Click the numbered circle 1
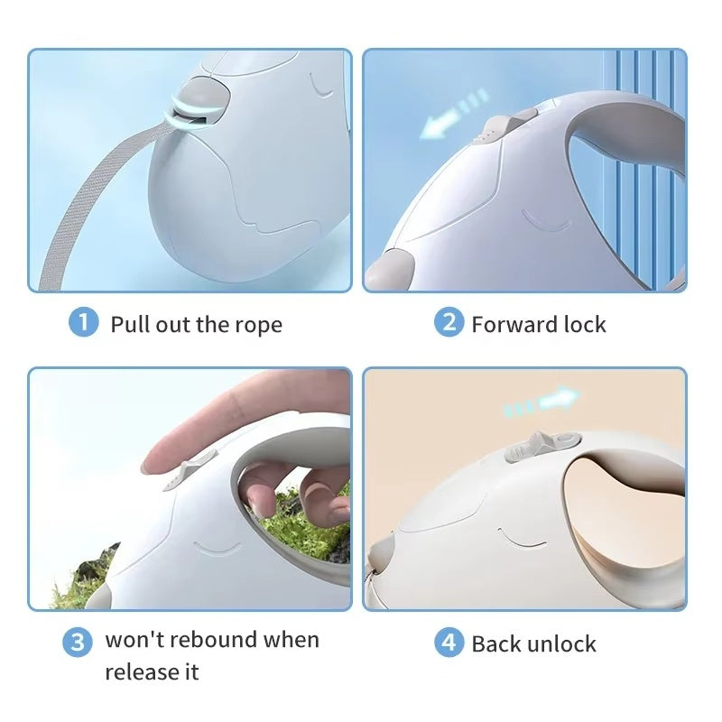click(x=83, y=322)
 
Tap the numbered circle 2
click(x=449, y=322)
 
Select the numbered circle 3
click(x=78, y=642)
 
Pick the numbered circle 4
click(x=449, y=642)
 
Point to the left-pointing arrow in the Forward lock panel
click(x=454, y=114)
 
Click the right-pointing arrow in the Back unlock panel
click(x=542, y=400)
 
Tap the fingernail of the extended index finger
click(x=148, y=467)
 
